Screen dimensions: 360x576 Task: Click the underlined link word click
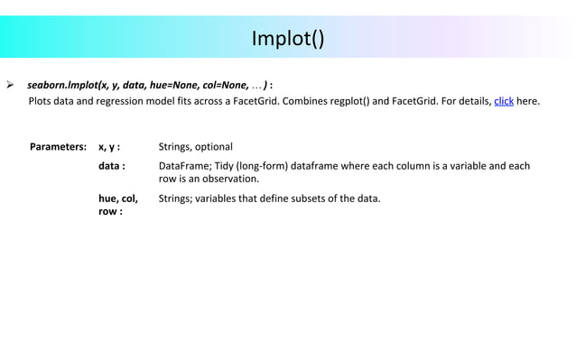504,100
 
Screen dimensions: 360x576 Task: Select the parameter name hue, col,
118,198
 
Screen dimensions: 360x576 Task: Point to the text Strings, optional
195,146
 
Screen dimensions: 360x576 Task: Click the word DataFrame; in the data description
185,166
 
